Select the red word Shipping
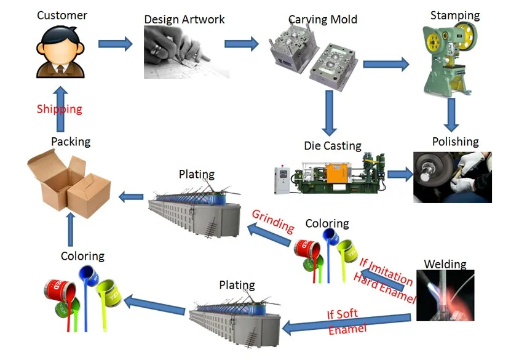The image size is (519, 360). coord(59,109)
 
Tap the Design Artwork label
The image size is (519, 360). coord(184,19)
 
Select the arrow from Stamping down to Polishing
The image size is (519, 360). coord(453,113)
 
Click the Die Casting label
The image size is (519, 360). coord(333,146)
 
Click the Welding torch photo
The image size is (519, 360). coord(445,296)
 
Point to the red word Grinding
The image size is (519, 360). coord(272,220)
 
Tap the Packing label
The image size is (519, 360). coord(71,142)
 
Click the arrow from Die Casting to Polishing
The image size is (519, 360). coord(400,175)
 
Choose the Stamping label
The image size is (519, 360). coord(455,15)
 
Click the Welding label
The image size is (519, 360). coord(445,265)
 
